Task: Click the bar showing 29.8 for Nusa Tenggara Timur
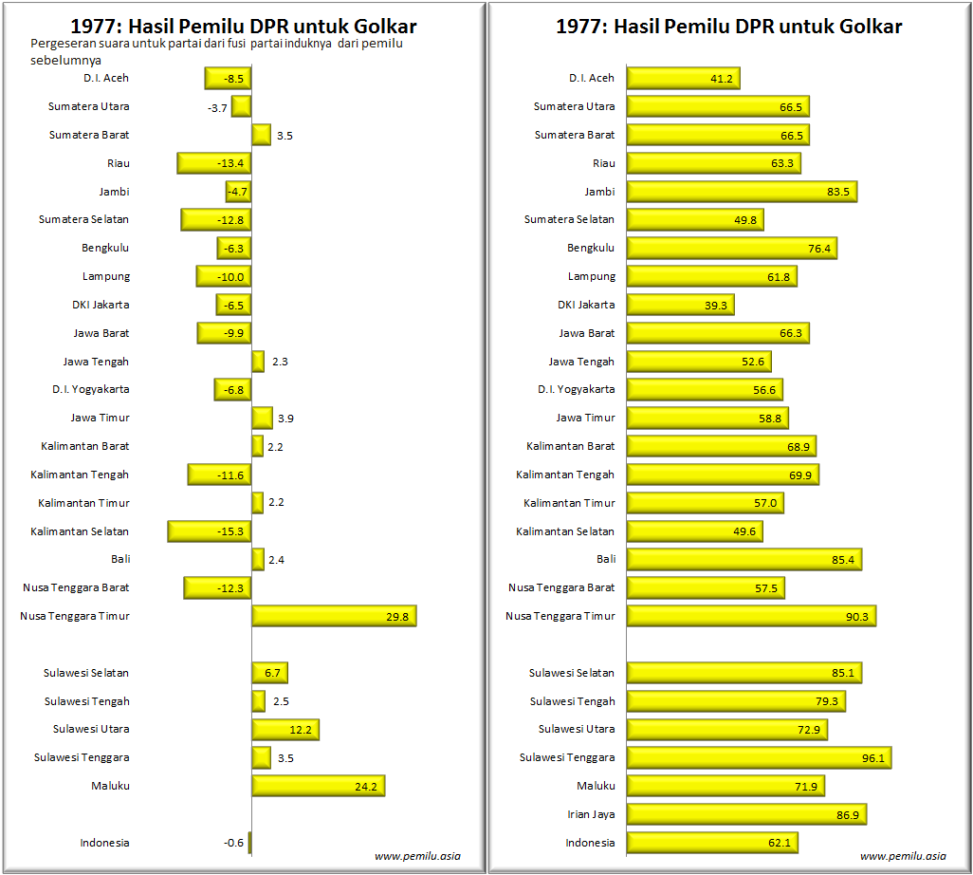pyautogui.click(x=334, y=616)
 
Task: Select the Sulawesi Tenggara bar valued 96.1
pyautogui.click(x=759, y=757)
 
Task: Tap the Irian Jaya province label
pyautogui.click(x=590, y=814)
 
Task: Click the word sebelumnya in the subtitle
pyautogui.click(x=66, y=60)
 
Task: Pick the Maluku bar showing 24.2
pyautogui.click(x=318, y=786)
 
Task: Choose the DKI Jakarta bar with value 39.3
pyautogui.click(x=680, y=305)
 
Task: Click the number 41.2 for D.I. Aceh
pyautogui.click(x=722, y=79)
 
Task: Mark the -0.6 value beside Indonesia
pyautogui.click(x=233, y=843)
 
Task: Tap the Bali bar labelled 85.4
pyautogui.click(x=744, y=559)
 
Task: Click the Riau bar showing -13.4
pyautogui.click(x=214, y=163)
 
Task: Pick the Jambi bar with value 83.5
pyautogui.click(x=742, y=192)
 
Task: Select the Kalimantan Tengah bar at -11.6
pyautogui.click(x=219, y=475)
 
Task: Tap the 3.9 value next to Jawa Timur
pyautogui.click(x=285, y=419)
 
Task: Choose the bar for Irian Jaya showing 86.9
pyautogui.click(x=746, y=814)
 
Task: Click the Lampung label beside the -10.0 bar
pyautogui.click(x=106, y=276)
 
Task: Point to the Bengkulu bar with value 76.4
pyautogui.click(x=731, y=248)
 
